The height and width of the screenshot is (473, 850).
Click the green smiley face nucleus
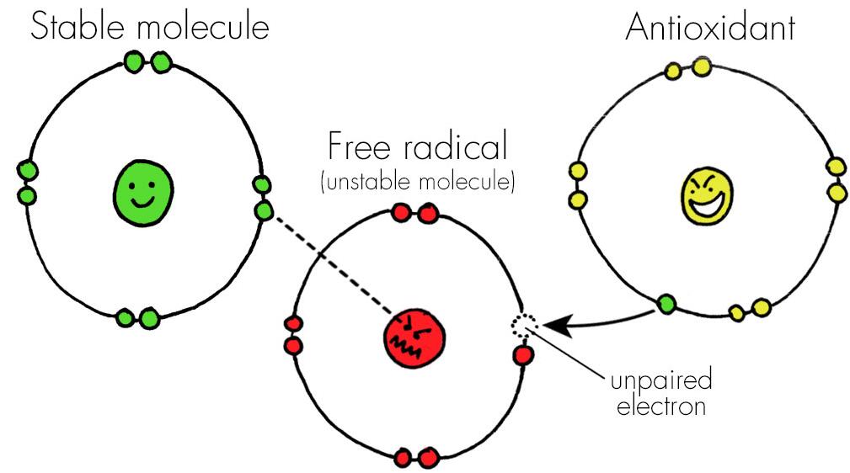(143, 193)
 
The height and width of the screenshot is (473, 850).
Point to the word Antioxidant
(710, 28)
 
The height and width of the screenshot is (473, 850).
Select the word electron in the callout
(660, 408)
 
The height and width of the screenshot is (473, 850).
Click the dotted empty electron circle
(522, 324)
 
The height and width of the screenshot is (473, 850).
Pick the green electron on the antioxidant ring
(666, 303)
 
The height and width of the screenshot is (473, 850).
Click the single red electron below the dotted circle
(523, 355)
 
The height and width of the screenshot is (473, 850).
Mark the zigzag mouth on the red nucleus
(412, 344)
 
